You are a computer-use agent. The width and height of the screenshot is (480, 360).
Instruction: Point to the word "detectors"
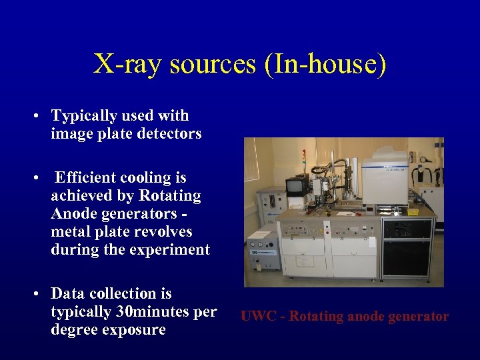point(169,133)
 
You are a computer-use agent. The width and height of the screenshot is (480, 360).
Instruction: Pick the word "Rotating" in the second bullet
point(170,196)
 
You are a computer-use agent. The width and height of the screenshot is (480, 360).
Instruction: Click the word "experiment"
point(174,250)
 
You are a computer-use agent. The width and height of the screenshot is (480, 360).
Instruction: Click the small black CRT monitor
point(295,187)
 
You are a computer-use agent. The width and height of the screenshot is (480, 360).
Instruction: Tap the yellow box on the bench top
point(413,211)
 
